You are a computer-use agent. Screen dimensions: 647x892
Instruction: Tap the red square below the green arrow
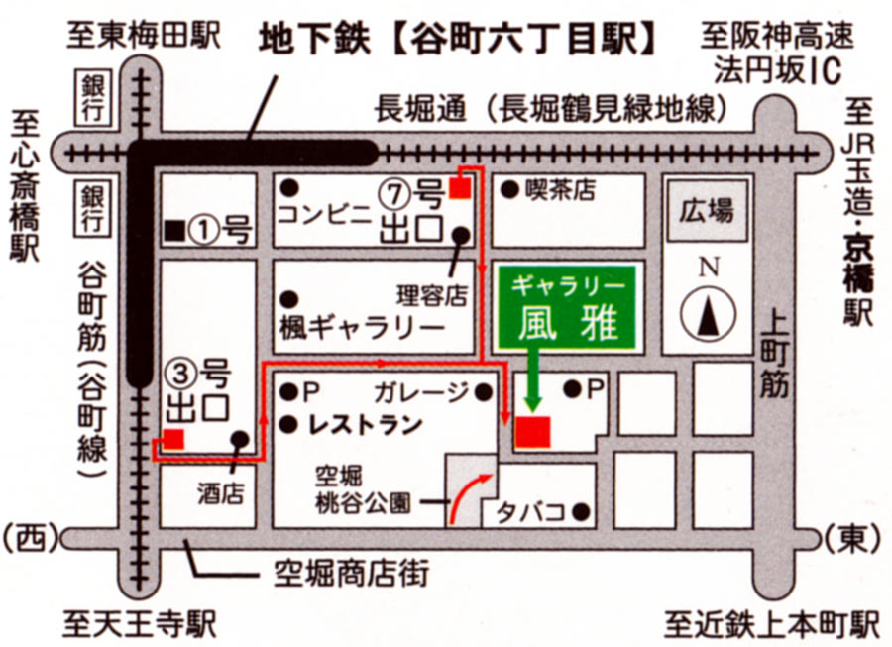532,433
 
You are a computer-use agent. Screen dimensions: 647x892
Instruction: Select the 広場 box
707,211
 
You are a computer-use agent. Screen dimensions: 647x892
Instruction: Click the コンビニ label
323,214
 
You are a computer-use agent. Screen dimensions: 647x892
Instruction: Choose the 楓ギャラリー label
362,326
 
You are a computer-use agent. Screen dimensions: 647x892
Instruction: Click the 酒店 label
219,493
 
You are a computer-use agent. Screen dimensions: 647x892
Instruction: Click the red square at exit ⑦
459,188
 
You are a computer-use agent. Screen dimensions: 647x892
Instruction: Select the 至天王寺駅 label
140,624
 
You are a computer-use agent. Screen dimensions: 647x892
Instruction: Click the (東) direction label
852,538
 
